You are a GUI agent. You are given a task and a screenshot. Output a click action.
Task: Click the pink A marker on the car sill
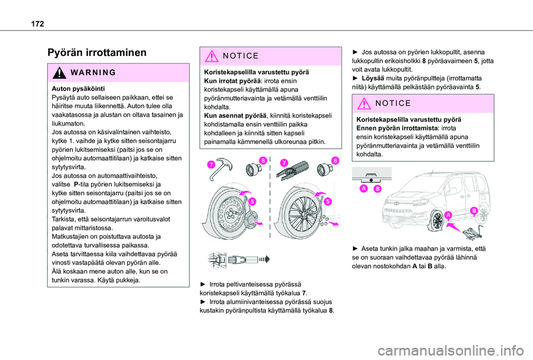447,214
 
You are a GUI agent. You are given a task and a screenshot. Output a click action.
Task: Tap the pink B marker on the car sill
475,211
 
